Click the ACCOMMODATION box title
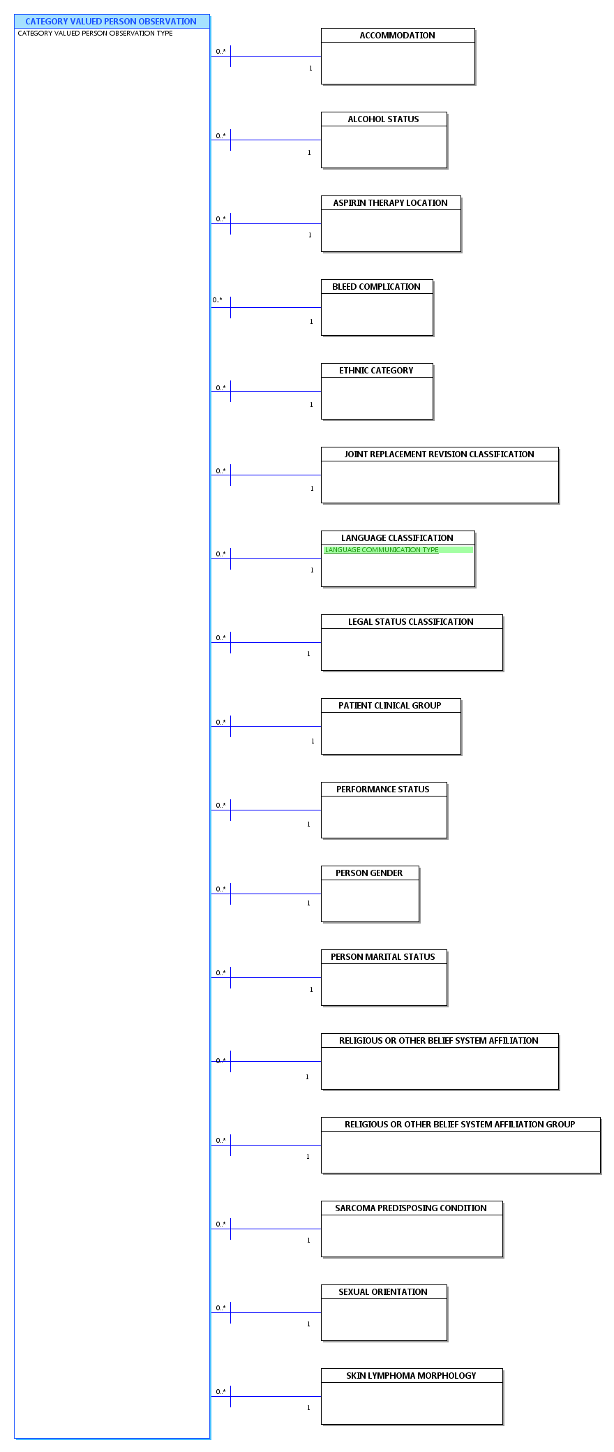[x=397, y=36]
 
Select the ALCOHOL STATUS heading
[x=383, y=119]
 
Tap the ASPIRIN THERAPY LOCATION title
[x=390, y=203]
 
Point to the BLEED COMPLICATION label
[x=376, y=287]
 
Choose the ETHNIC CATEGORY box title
[x=376, y=371]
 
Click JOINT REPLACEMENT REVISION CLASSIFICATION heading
[x=439, y=454]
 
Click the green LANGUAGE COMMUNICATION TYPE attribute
[x=382, y=550]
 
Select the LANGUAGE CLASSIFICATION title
[x=397, y=538]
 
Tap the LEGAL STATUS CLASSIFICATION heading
[x=411, y=622]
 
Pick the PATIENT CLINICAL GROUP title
[x=390, y=706]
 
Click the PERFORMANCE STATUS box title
[x=383, y=790]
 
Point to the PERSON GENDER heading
[x=369, y=873]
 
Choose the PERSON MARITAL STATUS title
[x=383, y=957]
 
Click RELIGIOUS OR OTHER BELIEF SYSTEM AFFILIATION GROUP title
[x=460, y=1125]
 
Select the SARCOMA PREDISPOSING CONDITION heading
[x=411, y=1208]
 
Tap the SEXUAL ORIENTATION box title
[x=383, y=1292]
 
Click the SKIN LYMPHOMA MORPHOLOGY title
[x=411, y=1376]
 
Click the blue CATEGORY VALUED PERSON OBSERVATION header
[x=111, y=22]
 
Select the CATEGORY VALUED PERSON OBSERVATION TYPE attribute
[x=95, y=34]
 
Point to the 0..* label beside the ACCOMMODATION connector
[x=220, y=52]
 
